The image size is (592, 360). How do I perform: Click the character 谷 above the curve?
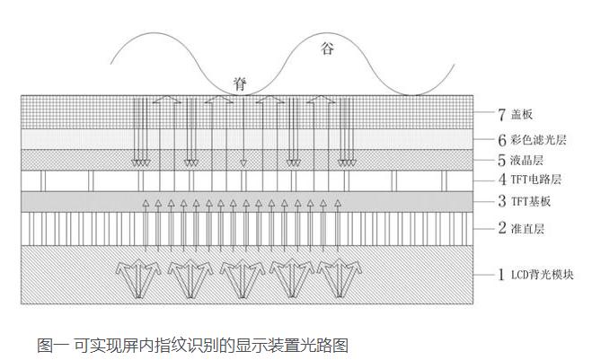pos(326,48)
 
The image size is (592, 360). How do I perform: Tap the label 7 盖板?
pos(515,116)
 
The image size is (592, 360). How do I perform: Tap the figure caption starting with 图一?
pos(191,344)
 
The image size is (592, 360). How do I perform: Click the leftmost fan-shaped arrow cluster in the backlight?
pos(138,277)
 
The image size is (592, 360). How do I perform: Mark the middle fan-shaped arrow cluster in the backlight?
pos(242,277)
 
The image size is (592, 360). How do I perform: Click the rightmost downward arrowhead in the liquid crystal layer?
pos(345,162)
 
